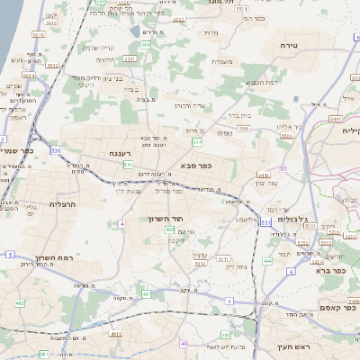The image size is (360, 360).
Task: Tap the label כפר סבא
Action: pyautogui.click(x=197, y=165)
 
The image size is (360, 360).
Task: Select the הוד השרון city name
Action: pyautogui.click(x=166, y=219)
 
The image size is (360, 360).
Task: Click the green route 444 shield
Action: pyautogui.click(x=267, y=261)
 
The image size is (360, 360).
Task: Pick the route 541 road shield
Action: pyautogui.click(x=129, y=166)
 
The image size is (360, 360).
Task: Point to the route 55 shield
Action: pyautogui.click(x=282, y=168)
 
